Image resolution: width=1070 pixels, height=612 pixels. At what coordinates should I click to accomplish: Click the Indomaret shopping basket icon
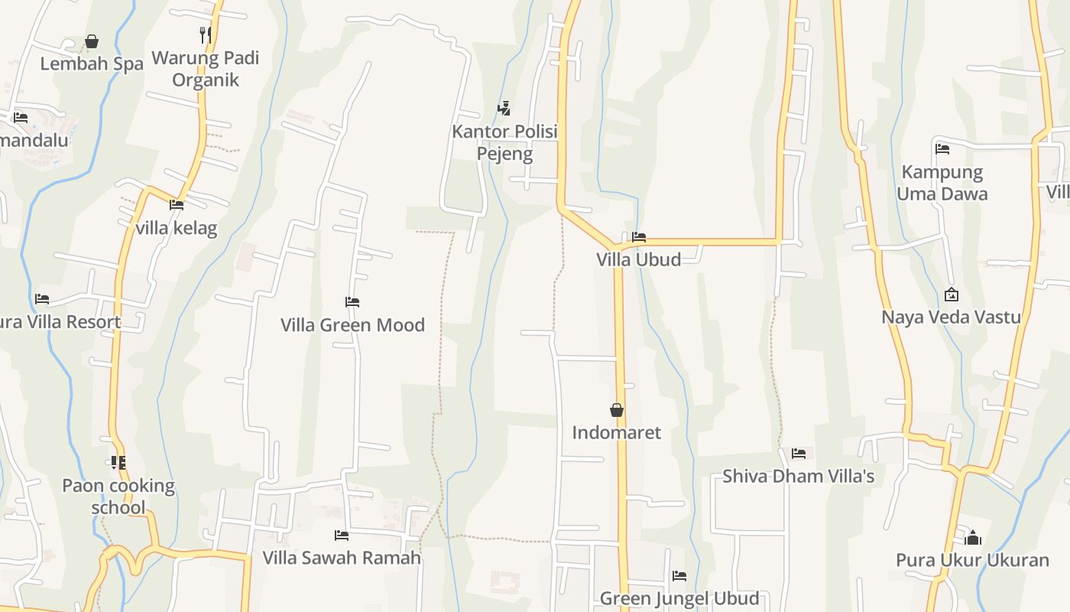coord(617,411)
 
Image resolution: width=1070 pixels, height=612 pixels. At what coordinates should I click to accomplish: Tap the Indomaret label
coord(617,433)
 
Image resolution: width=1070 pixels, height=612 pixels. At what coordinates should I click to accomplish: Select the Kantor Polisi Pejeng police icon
coord(504,109)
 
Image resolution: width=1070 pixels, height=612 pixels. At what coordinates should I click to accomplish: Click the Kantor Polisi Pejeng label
coord(504,142)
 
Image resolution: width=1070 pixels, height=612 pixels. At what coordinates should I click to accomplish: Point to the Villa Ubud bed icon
coord(639,237)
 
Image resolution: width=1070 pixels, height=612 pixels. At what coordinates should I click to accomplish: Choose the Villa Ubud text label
coord(639,259)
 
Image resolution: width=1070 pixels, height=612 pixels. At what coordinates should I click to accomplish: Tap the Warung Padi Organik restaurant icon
coord(205,34)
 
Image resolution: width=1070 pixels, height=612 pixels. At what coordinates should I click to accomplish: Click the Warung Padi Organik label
coord(206,69)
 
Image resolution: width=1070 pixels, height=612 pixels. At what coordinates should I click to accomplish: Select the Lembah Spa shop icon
coord(92,41)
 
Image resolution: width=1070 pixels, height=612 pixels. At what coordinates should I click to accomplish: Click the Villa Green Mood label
coord(352,325)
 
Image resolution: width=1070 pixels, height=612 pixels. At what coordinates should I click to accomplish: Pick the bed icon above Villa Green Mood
coord(352,302)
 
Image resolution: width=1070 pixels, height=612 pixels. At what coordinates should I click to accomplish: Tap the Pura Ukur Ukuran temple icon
coord(972,538)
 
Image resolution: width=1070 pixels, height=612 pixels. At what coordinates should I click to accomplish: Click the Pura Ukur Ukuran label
coord(972,560)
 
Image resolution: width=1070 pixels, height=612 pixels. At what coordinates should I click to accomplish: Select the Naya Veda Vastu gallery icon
coord(952,295)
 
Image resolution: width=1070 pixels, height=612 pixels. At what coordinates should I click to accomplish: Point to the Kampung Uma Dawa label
coord(942,183)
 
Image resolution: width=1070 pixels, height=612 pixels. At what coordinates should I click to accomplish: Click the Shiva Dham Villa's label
coord(799,476)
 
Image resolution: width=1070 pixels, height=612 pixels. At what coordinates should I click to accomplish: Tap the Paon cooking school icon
coord(118,463)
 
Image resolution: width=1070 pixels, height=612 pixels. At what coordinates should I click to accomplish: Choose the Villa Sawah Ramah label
coord(342,558)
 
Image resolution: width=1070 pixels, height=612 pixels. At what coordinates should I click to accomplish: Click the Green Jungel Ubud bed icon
coord(679,576)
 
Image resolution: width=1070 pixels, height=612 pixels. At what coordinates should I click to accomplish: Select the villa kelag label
coord(177,228)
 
